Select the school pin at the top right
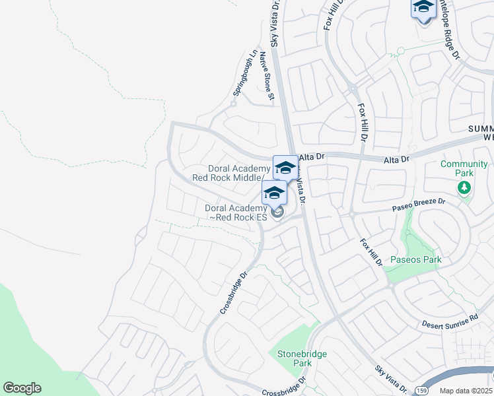(x=423, y=9)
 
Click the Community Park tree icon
(x=464, y=188)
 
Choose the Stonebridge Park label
(x=302, y=358)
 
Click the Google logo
(x=22, y=388)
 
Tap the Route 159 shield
(x=421, y=391)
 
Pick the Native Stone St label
(x=266, y=76)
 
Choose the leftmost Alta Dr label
(x=312, y=157)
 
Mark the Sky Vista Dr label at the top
(x=275, y=20)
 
